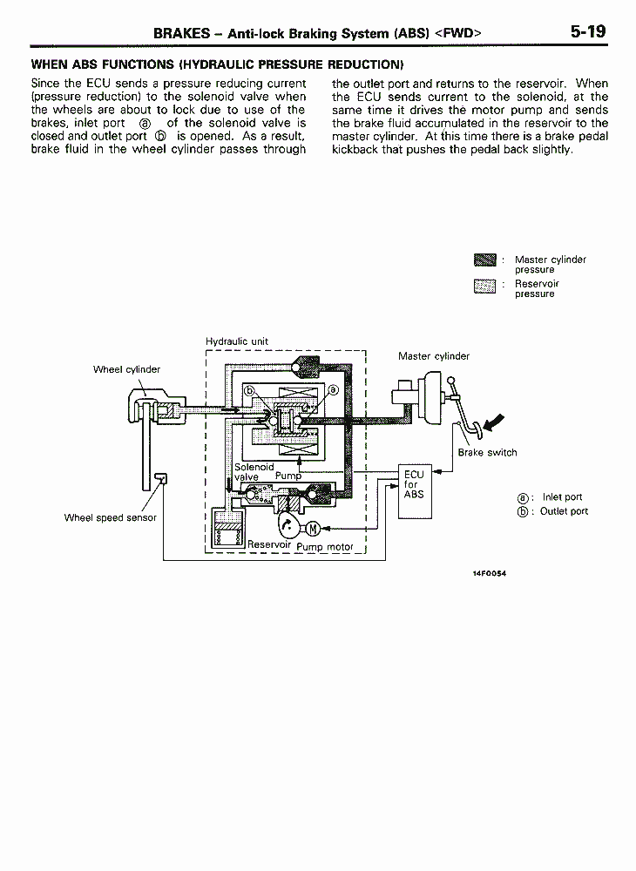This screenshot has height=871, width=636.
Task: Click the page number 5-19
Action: [x=588, y=31]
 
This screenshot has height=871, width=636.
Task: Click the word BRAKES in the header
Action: [x=181, y=33]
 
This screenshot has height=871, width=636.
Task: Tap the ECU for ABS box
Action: [x=415, y=491]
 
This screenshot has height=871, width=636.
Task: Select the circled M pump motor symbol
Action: [x=313, y=529]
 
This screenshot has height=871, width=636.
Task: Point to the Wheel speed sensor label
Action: [x=110, y=517]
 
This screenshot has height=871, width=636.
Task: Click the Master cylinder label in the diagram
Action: [x=434, y=356]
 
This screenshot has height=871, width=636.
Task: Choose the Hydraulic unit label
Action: [x=237, y=341]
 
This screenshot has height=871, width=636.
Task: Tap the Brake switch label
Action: [x=487, y=452]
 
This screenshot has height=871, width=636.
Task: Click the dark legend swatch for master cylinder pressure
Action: [x=485, y=260]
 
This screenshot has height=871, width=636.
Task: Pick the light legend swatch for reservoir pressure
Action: [x=485, y=286]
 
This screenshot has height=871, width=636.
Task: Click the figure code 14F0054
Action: [x=490, y=573]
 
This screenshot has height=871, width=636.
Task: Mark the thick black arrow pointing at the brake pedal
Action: [x=494, y=422]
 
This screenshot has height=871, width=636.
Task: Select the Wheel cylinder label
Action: [x=126, y=369]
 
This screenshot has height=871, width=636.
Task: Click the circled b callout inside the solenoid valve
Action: [x=249, y=390]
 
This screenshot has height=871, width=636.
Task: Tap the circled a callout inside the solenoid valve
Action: [x=333, y=390]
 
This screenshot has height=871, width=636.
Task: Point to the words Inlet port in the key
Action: [x=562, y=497]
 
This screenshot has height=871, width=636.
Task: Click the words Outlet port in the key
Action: [x=564, y=511]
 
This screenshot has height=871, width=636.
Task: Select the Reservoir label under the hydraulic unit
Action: [x=269, y=544]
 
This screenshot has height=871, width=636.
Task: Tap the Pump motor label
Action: [x=325, y=547]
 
